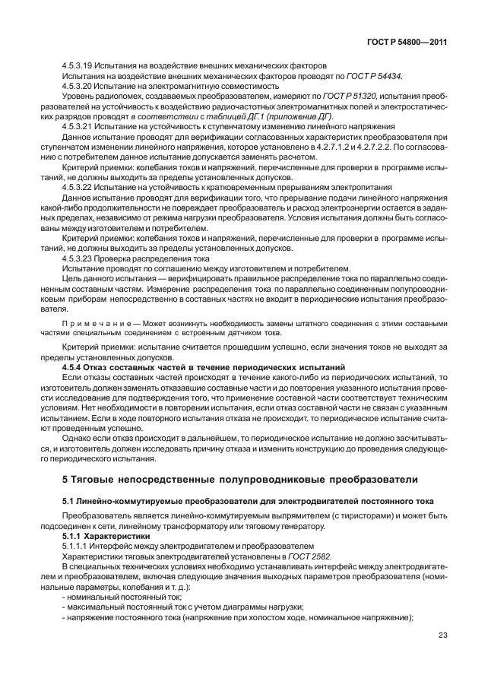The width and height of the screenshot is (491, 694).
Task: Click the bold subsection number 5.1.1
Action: click(x=73, y=537)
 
